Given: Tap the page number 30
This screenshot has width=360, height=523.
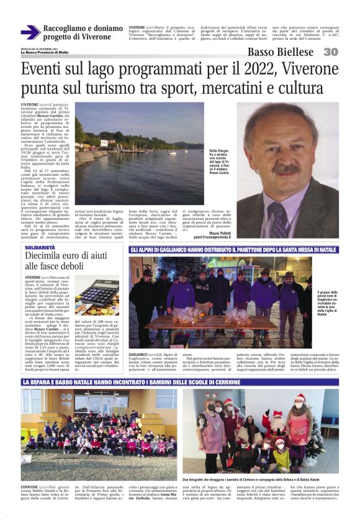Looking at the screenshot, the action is tap(331, 52).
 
